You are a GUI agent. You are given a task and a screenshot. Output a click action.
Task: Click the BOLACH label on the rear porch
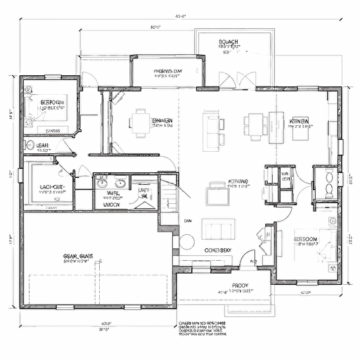tap(229, 42)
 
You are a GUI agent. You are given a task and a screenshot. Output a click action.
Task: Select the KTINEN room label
tap(300, 121)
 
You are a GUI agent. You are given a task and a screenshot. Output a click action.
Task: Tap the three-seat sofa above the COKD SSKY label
tap(219, 229)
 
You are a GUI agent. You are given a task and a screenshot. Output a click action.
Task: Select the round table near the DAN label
tap(187, 242)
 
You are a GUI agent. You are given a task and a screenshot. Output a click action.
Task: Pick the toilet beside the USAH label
tap(30, 143)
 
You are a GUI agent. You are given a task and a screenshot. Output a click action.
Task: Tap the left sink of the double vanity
tap(103, 184)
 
